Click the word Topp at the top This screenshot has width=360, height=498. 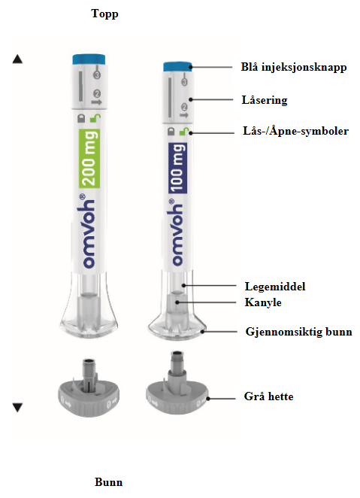pos(104,14)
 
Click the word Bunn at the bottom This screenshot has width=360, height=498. pos(108,481)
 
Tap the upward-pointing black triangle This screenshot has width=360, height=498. pos(17,59)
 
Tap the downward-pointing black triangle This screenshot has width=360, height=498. pos(17,408)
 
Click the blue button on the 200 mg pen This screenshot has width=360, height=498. pos(89,59)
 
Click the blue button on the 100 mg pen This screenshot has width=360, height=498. pos(178,67)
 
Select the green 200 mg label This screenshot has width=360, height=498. pos(89,158)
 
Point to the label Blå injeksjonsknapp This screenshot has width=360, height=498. pos(294,68)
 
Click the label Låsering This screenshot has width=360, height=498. pos(265,100)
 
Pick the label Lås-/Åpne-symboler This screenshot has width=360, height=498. pos(295,131)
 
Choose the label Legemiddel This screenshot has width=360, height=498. pos(275,287)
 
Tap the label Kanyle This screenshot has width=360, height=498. pos(263,302)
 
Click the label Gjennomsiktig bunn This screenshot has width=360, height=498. pos(299,332)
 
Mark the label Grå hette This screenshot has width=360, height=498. pos(268,396)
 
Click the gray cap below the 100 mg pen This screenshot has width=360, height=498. pos(177,387)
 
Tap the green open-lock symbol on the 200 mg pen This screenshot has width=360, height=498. pos(95,118)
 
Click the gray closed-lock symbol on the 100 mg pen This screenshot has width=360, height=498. pos(171,132)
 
